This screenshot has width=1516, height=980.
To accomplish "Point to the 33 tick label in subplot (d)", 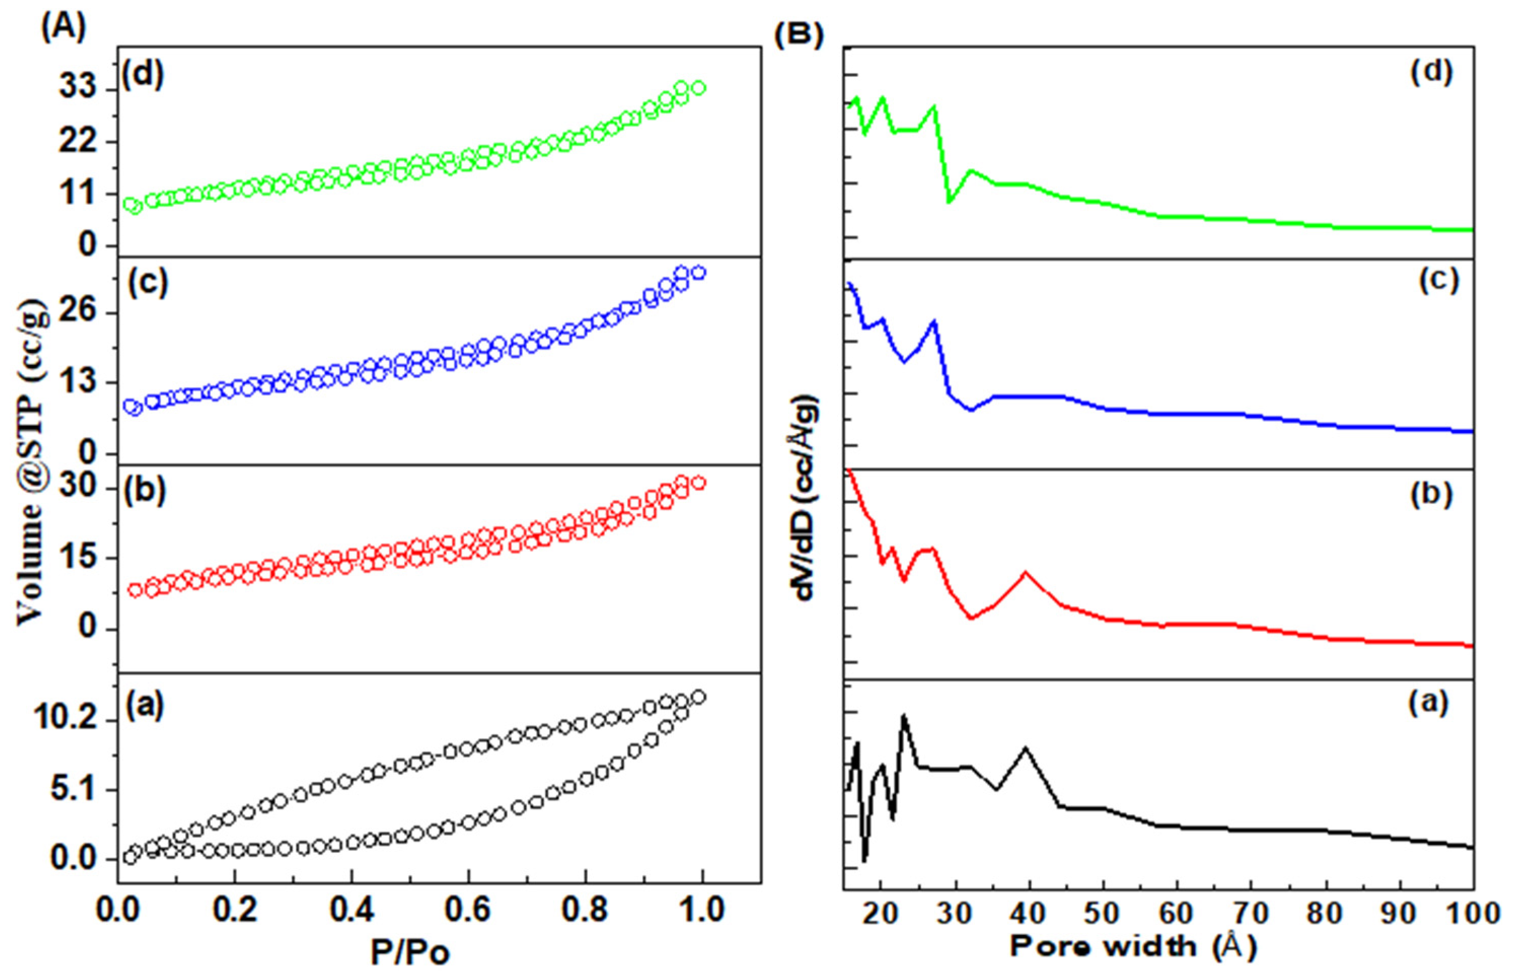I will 78,89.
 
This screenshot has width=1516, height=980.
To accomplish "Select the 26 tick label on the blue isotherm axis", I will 78,312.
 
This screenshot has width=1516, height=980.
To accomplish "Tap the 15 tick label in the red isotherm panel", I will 78,558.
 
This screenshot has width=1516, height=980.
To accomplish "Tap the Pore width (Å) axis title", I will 1133,946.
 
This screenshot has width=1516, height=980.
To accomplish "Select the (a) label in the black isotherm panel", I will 146,704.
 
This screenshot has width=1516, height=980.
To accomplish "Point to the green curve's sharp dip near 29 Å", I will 949,202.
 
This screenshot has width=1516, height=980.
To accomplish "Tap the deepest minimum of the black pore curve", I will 864,860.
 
